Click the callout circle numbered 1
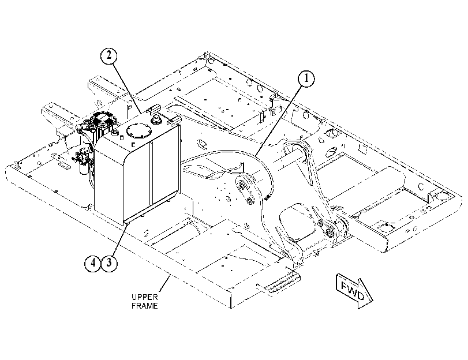[x=306, y=79]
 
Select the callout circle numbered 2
[x=108, y=56]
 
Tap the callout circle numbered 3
[x=109, y=263]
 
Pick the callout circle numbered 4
[x=93, y=263]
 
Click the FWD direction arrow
[x=354, y=292]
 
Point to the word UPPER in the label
[x=144, y=297]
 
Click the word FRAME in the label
[x=144, y=306]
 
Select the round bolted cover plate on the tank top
[x=139, y=130]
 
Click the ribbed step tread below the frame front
[x=278, y=284]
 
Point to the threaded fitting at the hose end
[x=267, y=196]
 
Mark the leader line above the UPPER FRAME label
[x=165, y=284]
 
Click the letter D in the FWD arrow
[x=361, y=295]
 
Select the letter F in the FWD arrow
[x=345, y=286]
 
